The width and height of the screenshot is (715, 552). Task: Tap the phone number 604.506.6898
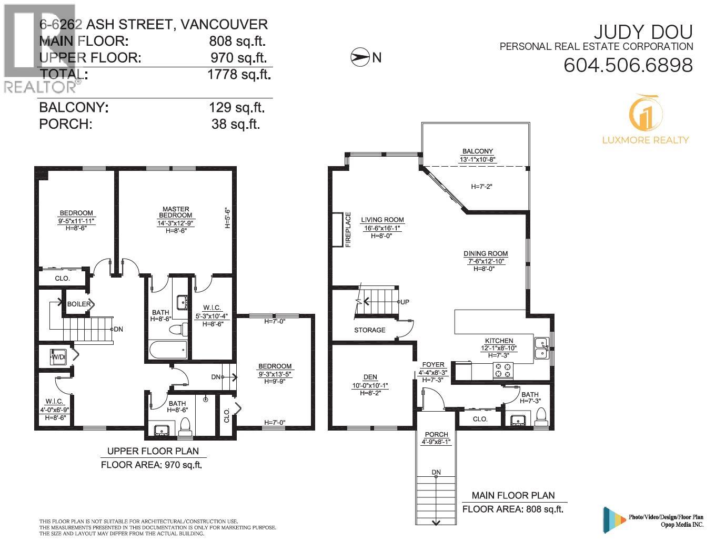coord(628,66)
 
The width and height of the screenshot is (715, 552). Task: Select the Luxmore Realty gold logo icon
coord(645,113)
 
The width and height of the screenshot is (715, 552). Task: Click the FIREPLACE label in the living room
coord(348,230)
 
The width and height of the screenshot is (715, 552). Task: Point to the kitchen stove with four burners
coord(501,371)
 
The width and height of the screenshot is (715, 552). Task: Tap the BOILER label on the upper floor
coord(79,304)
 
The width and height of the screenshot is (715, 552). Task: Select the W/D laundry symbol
coord(58,357)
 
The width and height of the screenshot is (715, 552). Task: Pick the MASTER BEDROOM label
coord(175,212)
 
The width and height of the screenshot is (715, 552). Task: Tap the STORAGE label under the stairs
coord(369,330)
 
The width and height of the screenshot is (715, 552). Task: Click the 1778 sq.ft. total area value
coord(239,74)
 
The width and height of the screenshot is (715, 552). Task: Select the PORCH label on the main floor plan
coord(436,434)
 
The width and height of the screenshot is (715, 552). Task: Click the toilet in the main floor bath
coord(540,417)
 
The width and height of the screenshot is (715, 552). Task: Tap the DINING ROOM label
coord(486,253)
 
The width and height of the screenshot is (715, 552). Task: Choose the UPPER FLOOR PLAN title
coord(153,451)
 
